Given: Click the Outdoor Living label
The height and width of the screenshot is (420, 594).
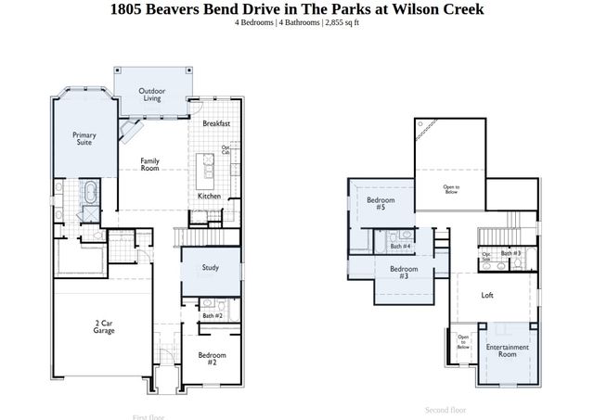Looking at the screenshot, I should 152,94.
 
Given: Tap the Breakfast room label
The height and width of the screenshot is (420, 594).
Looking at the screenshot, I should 216,123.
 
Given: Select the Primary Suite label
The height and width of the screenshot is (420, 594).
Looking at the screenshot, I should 84,139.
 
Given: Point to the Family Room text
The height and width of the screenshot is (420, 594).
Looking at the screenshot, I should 149,165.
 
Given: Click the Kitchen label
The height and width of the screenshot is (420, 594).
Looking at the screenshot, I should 209,196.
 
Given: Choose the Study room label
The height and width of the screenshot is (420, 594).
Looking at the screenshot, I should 211,268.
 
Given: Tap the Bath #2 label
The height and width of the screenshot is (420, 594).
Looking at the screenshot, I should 212,316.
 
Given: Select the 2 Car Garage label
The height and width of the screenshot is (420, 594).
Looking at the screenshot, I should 103,327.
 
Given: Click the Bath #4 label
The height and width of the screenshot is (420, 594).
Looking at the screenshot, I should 400,246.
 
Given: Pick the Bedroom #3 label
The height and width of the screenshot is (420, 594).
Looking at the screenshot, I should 404,273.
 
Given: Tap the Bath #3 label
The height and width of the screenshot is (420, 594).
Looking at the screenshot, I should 511,253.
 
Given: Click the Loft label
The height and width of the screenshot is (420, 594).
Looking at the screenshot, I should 487,296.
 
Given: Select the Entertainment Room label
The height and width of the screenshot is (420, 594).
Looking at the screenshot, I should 507,350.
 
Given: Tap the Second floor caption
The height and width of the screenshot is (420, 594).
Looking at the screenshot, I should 445,409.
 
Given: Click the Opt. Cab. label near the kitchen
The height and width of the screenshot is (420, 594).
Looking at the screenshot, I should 226,150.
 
